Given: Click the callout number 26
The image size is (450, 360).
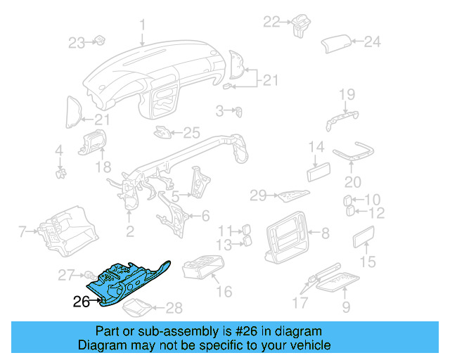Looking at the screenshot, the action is (x=82, y=303).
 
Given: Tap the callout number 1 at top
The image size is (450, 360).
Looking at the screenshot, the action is (x=142, y=27).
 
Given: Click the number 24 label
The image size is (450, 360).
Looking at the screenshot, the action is (x=372, y=42).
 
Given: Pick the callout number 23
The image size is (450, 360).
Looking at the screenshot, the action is (x=76, y=43).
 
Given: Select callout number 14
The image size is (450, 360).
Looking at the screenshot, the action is (x=316, y=148).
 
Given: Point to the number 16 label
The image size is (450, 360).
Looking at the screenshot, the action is (x=224, y=291).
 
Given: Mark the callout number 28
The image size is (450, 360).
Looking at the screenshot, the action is (x=174, y=307).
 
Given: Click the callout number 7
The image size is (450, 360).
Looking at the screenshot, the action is (x=22, y=230).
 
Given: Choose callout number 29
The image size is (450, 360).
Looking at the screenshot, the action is (x=258, y=194).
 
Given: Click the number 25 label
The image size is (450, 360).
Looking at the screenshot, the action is (x=192, y=131).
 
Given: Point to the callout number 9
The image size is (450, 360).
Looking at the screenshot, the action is (x=346, y=307).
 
